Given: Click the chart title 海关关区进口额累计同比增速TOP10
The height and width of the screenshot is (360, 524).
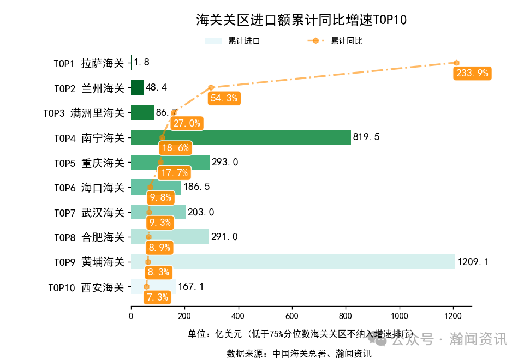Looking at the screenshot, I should tap(301, 20).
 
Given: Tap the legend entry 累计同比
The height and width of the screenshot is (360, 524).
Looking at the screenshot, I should tap(335, 41).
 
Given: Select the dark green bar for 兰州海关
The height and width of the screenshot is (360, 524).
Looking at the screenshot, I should tap(138, 88).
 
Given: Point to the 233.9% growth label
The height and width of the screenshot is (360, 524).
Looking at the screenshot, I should tap(472, 73).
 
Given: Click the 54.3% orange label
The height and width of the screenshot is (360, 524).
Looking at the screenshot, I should tap(223, 98).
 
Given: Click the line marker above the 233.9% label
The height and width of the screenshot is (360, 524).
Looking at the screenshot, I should tap(456, 63).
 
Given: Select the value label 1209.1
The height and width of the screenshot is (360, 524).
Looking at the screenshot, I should tap(473, 262).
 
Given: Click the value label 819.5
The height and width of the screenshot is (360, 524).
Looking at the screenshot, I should tap(366, 137).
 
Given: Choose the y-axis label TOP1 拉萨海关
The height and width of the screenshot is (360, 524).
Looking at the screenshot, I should tap(89, 63).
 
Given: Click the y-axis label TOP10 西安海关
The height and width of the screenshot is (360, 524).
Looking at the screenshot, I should tap(86, 287).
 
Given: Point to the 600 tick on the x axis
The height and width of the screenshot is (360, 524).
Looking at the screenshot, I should tap(291, 315).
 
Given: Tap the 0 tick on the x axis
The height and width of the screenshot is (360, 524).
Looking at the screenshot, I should tap(131, 315).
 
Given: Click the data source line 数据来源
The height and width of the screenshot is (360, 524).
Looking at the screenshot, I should tap(299, 353).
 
